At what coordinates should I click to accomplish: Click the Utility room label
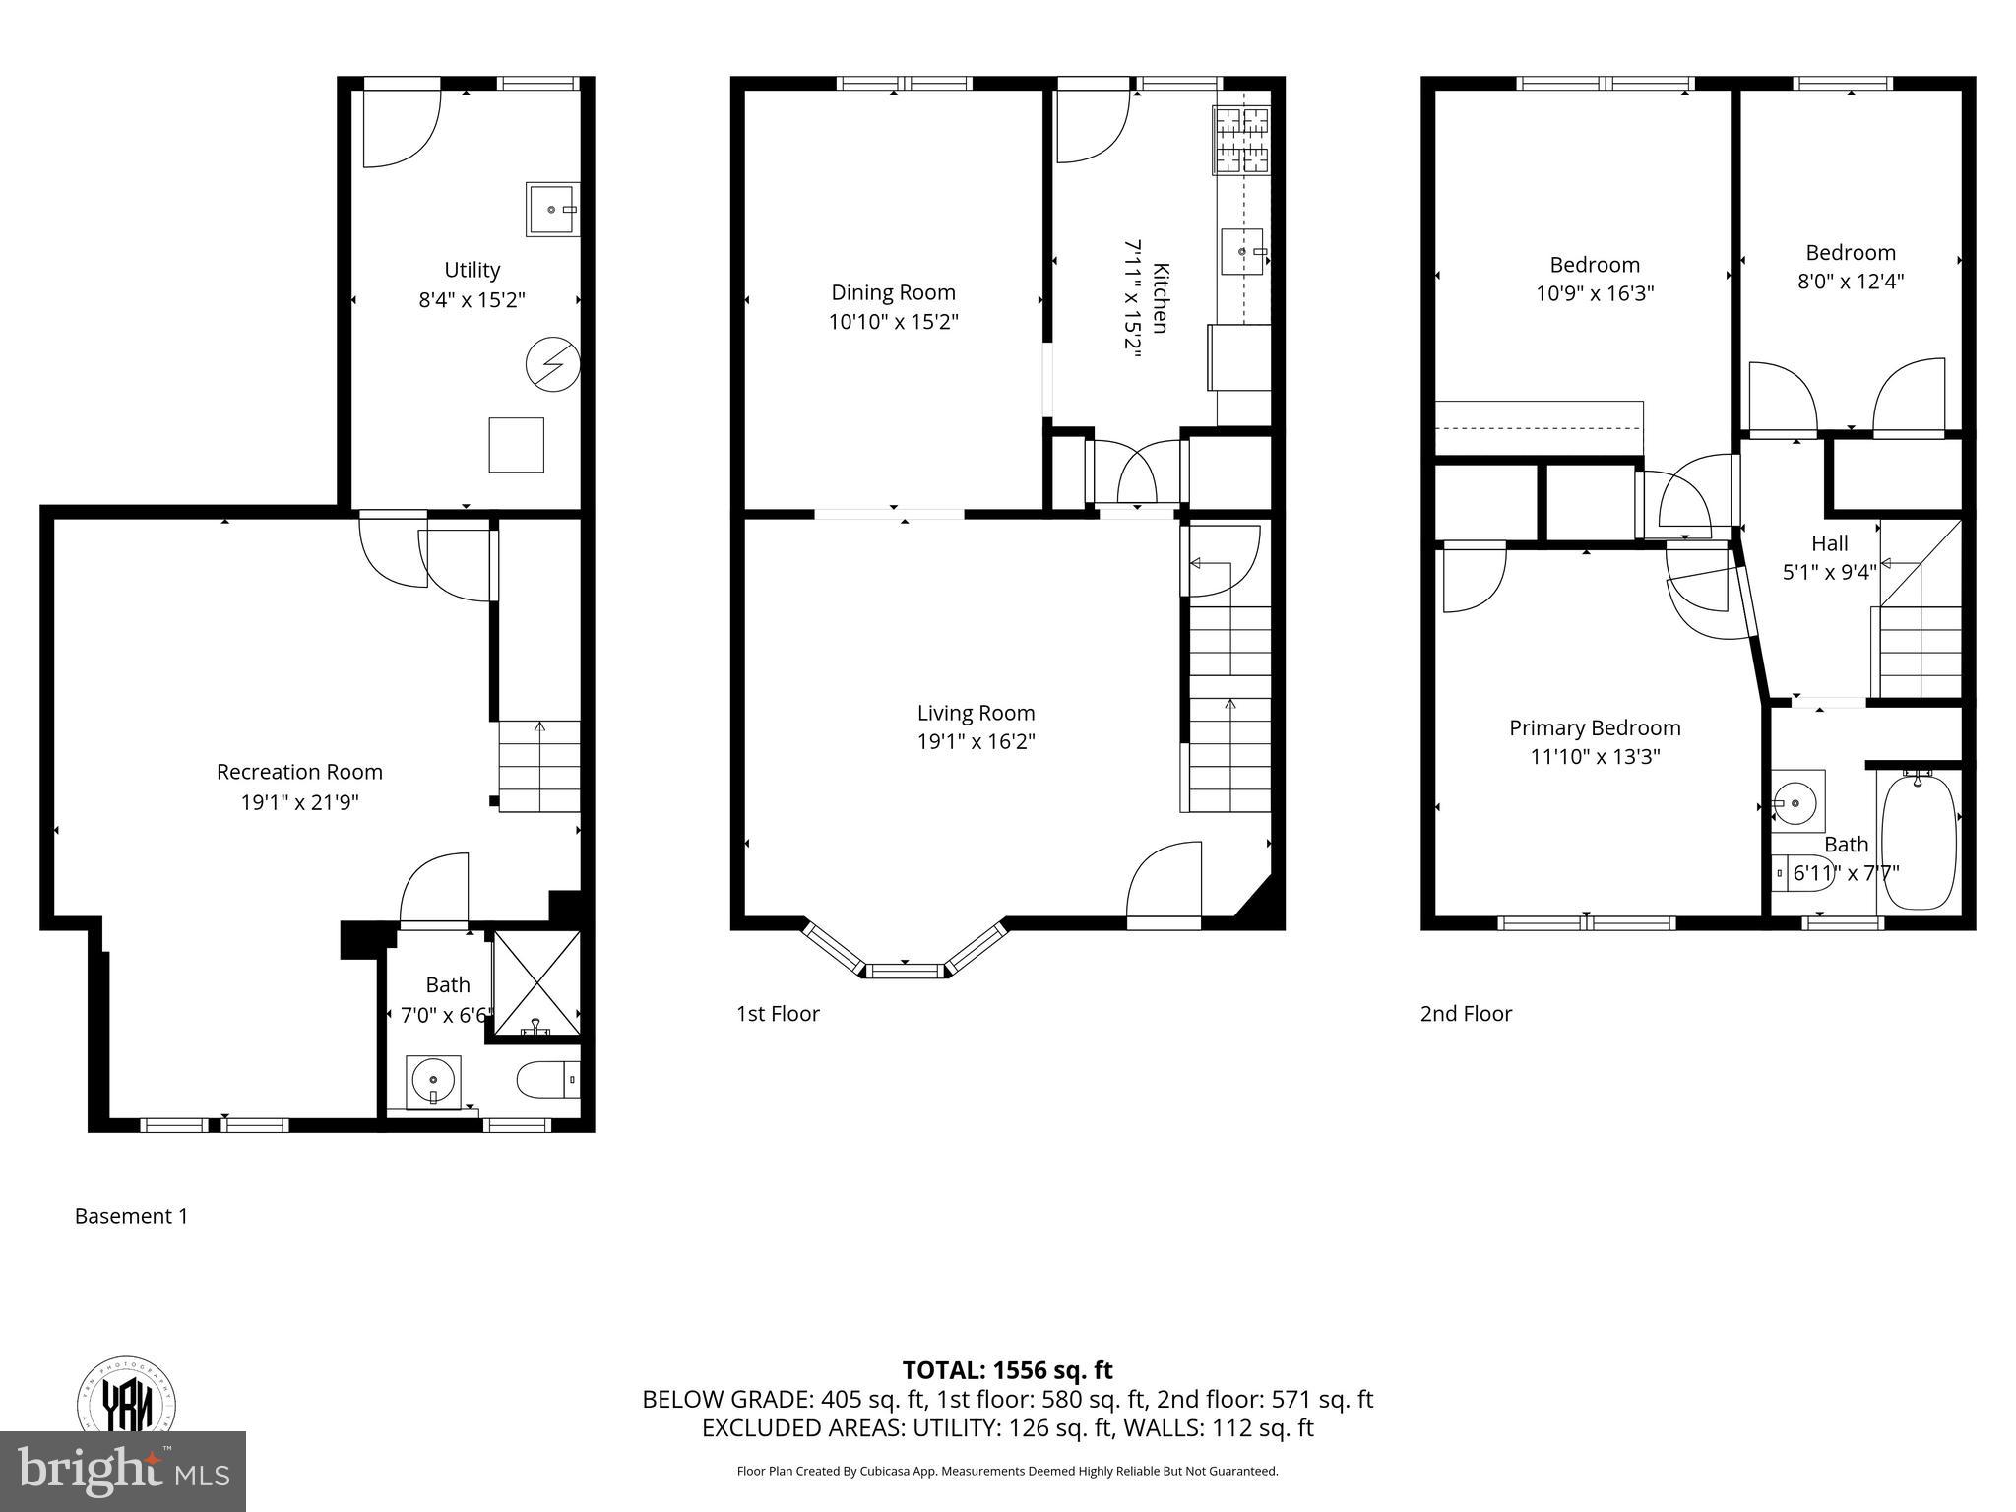(x=472, y=270)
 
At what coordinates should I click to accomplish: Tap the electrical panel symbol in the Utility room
(x=552, y=365)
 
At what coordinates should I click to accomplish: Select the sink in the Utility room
(x=552, y=209)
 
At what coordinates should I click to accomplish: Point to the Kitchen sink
(x=1242, y=252)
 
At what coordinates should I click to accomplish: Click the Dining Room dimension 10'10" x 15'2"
(x=893, y=322)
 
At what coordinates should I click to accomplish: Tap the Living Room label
(x=976, y=713)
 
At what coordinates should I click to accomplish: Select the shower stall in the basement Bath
(x=535, y=982)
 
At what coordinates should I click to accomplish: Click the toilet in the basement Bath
(x=547, y=1081)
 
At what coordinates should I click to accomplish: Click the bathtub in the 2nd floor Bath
(x=1919, y=842)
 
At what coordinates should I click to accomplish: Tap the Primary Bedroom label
(x=1595, y=728)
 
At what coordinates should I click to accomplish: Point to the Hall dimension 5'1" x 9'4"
(x=1829, y=572)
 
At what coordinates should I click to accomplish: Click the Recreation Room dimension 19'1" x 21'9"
(x=299, y=802)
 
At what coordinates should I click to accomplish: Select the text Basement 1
(x=131, y=1216)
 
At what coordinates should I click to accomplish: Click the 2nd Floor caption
(x=1466, y=1014)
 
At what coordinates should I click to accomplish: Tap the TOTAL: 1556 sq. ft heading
(x=1007, y=1370)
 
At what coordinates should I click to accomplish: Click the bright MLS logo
(x=122, y=1472)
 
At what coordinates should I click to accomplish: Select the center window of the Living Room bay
(x=906, y=971)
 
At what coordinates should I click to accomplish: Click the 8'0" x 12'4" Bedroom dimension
(x=1850, y=282)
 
